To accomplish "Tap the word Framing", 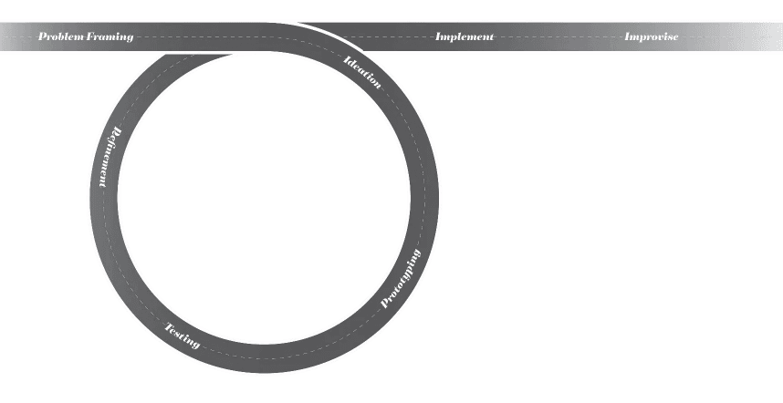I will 110,37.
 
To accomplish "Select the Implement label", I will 465,37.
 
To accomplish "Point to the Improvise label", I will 651,37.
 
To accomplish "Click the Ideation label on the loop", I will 362,72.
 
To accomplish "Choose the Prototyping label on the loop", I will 401,278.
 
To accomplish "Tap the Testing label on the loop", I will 182,336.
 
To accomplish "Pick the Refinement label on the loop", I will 109,157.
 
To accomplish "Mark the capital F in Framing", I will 92,37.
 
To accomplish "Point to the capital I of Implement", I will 439,37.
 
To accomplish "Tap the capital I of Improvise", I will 628,37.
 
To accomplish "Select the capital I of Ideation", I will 348,60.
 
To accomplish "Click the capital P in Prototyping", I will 385,304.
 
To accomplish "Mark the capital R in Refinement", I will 116,129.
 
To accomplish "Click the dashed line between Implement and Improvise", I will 559,37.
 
